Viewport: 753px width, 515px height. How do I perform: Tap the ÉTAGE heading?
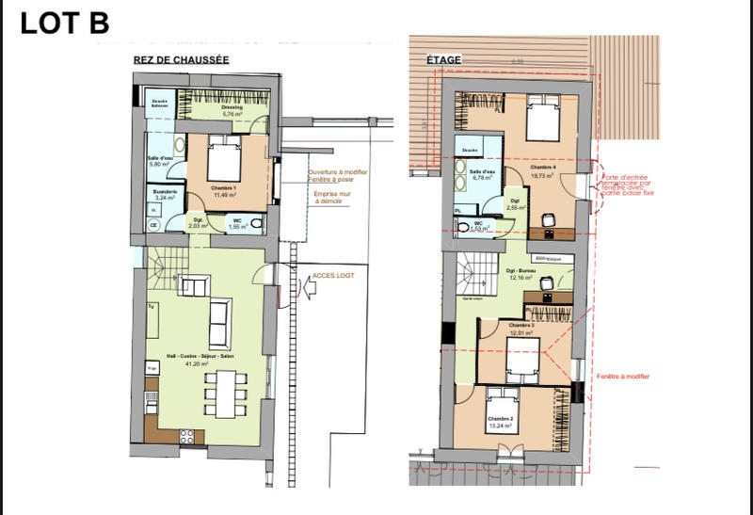pos(444,60)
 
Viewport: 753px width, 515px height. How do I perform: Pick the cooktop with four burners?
pos(186,435)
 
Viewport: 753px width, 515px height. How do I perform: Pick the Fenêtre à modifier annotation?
pos(623,377)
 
